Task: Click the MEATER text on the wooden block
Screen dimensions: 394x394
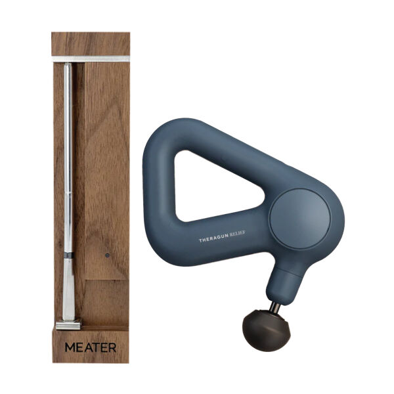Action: click(91, 347)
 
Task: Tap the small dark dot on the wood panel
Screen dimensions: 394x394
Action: click(107, 255)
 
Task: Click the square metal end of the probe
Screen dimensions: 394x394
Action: click(68, 324)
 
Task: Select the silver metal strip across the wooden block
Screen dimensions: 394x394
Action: click(91, 59)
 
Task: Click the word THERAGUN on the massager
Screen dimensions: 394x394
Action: click(213, 238)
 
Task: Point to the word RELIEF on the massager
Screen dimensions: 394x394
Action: click(237, 233)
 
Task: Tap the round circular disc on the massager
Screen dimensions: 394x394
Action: click(300, 219)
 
